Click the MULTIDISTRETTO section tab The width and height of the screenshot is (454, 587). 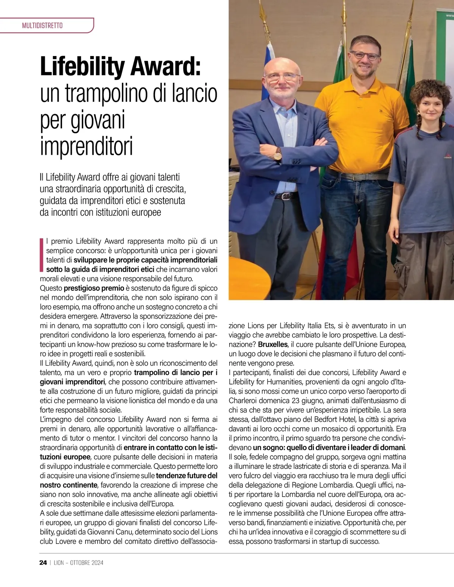[x=42, y=26]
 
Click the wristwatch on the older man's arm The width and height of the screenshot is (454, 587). [x=278, y=154]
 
